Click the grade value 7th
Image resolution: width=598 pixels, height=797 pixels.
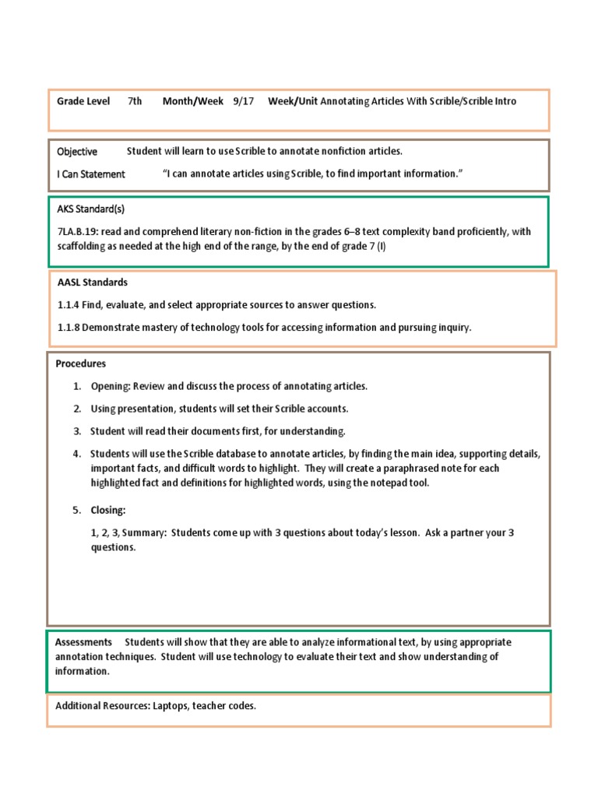135,101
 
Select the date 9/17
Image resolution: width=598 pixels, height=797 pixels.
241,101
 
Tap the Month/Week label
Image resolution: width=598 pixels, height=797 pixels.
192,101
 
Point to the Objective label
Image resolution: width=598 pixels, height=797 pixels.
77,152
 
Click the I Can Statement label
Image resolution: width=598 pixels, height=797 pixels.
91,174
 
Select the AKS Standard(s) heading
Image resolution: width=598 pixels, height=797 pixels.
90,209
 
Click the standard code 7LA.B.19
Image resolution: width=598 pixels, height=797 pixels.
82,232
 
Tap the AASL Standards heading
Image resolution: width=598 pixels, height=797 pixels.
93,283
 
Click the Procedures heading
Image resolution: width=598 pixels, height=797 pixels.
81,363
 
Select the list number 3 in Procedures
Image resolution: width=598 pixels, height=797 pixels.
77,431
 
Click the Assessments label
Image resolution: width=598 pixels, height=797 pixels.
83,643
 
